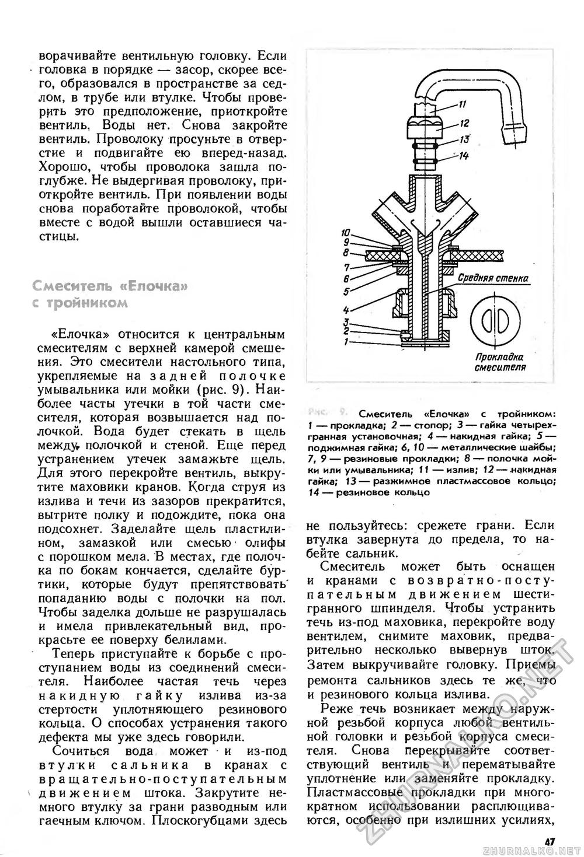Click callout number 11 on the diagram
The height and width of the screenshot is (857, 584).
point(462,105)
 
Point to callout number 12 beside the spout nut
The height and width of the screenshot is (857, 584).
point(465,123)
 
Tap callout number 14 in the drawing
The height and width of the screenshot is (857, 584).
point(464,155)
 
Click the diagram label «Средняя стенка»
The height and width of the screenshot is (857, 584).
point(493,278)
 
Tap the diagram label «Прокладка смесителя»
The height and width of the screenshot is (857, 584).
point(499,362)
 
